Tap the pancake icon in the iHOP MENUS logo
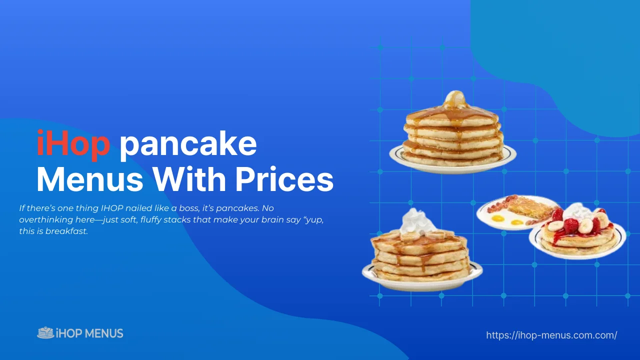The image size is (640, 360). (x=45, y=333)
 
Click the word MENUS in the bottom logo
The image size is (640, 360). (x=104, y=333)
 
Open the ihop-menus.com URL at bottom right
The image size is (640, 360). (x=551, y=335)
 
